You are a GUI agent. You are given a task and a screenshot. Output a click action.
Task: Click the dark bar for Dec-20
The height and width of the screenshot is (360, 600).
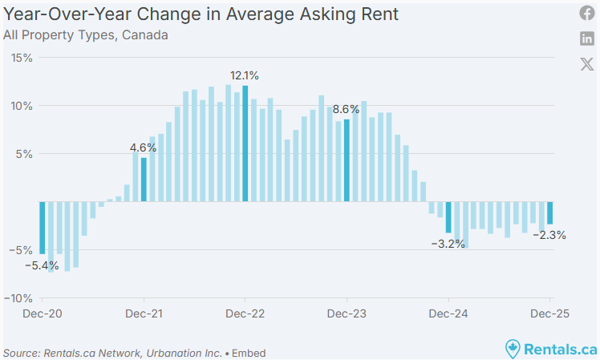(x=43, y=228)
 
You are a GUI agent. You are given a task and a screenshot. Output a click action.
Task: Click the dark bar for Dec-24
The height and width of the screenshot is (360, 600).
(x=448, y=217)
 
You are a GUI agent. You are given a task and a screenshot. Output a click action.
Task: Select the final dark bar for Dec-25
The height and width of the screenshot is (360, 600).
(x=550, y=212)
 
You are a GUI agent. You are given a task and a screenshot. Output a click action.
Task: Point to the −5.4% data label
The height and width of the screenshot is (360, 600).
(x=42, y=265)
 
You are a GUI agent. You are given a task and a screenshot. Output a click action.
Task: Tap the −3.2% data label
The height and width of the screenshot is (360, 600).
(x=448, y=244)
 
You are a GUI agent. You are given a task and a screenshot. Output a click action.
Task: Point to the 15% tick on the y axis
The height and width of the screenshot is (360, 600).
(x=22, y=58)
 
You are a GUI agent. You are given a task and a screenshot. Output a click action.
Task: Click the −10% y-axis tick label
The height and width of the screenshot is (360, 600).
(x=18, y=298)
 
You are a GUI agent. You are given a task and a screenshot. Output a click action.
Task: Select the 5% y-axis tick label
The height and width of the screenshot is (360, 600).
(x=24, y=154)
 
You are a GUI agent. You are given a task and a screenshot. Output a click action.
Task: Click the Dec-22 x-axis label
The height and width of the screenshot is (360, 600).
(x=245, y=314)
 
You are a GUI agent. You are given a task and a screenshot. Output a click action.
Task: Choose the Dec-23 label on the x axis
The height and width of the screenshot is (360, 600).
(x=347, y=314)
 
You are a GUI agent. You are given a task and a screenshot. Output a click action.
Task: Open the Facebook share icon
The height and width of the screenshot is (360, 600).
(x=587, y=14)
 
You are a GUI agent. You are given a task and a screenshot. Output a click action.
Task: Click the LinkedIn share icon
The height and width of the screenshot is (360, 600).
(x=587, y=38)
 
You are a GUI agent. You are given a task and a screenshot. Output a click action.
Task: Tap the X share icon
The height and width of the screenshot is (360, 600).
(x=587, y=64)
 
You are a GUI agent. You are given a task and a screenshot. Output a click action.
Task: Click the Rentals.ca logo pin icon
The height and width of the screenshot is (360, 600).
(x=513, y=349)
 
